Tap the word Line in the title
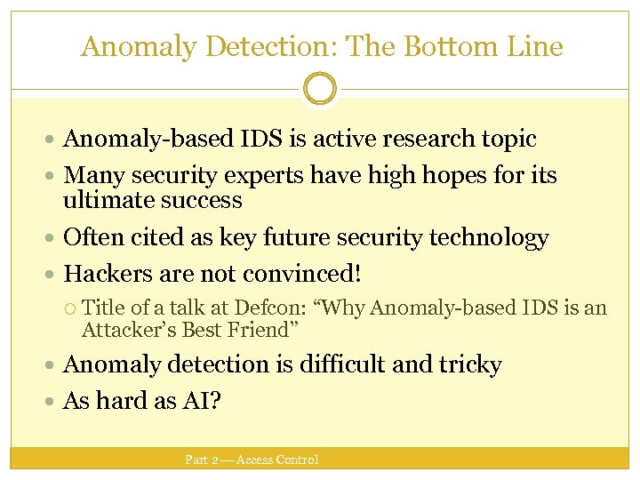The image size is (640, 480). click(534, 46)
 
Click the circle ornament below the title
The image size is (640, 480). click(319, 89)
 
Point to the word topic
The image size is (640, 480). click(507, 140)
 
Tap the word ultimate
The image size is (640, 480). click(106, 200)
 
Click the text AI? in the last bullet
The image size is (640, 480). click(203, 401)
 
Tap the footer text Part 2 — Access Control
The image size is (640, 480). click(252, 460)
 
